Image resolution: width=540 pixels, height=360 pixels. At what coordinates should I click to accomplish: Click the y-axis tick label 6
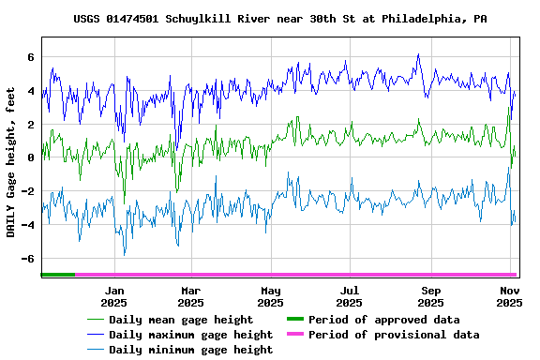(x=31, y=57)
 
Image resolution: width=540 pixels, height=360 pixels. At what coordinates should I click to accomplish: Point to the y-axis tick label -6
(x=28, y=259)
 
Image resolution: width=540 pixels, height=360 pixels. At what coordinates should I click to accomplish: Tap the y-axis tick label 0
(x=31, y=157)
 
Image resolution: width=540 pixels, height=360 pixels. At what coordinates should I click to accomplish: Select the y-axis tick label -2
(x=28, y=191)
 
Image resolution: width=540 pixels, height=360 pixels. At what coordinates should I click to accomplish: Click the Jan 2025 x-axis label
(x=113, y=296)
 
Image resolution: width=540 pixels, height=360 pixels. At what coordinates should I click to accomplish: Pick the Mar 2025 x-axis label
(x=191, y=296)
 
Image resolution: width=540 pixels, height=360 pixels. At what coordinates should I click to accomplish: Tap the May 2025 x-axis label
(x=270, y=296)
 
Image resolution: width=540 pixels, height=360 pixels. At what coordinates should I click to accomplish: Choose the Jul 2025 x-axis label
(x=349, y=296)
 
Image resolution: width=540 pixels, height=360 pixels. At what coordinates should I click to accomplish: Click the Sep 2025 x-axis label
(x=430, y=296)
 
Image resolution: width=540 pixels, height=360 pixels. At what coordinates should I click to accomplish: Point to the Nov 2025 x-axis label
(x=509, y=296)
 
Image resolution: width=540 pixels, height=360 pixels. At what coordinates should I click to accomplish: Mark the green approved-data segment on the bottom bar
(x=57, y=275)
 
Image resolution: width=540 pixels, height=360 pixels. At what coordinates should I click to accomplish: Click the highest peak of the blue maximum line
(x=417, y=54)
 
